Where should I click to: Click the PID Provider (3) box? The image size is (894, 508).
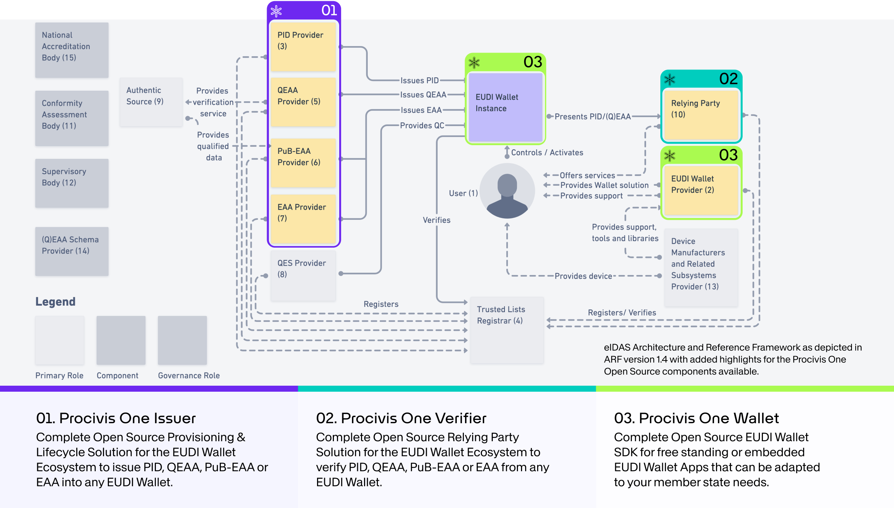303,47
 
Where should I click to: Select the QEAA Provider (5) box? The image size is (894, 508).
303,102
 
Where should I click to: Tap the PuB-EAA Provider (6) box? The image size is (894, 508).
303,163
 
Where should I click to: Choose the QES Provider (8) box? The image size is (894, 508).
303,275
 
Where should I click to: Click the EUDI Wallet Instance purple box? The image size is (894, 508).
505,107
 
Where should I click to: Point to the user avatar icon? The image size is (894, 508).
507,191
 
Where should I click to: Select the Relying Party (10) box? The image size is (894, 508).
701,115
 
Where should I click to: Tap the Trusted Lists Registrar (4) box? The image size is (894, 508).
506,330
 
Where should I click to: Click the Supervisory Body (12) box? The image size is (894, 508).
72,183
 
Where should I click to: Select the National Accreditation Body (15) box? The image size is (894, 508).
72,50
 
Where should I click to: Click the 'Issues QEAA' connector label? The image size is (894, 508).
423,95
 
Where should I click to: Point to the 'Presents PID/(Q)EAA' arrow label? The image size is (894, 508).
592,117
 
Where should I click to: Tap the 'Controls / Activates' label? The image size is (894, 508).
547,153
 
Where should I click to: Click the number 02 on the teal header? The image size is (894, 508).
728,79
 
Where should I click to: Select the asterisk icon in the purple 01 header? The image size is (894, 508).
276,11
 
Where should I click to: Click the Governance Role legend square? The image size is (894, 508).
182,340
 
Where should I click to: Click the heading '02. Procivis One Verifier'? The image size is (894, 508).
401,418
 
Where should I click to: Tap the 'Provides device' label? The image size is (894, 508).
583,276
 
